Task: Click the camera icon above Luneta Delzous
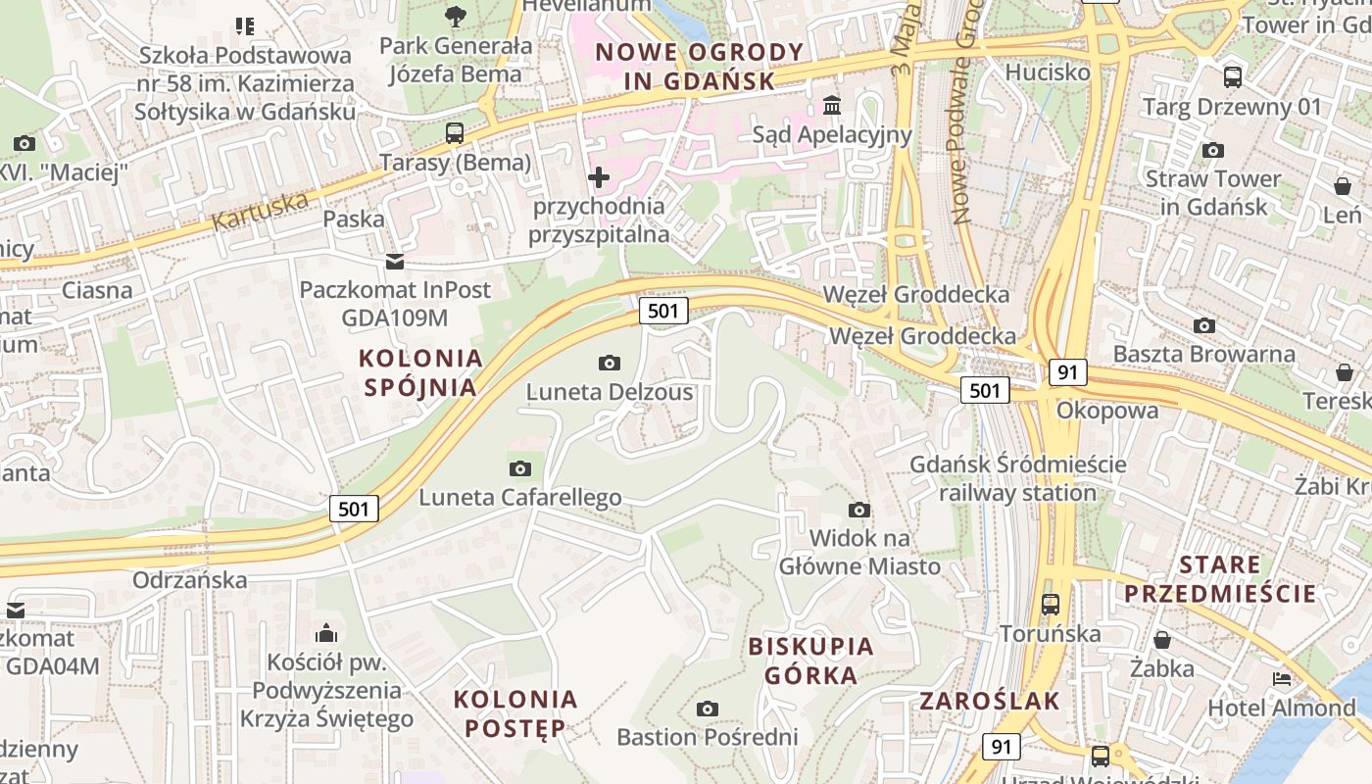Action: (x=609, y=364)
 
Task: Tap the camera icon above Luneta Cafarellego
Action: (x=520, y=468)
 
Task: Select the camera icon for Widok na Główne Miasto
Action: (x=859, y=510)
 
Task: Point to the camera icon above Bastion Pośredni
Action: (x=707, y=709)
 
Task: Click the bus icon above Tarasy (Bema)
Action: (x=455, y=133)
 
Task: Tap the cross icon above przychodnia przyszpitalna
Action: (x=598, y=177)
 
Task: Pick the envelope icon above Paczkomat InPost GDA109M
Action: (x=394, y=262)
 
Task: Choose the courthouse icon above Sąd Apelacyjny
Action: (x=832, y=105)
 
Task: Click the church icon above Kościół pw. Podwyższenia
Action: (x=326, y=633)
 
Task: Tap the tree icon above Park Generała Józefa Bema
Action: (x=455, y=16)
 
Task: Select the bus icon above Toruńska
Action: (x=1051, y=604)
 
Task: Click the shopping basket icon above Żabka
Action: (x=1162, y=640)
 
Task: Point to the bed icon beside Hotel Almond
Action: (x=1281, y=678)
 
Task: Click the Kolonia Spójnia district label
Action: (x=420, y=372)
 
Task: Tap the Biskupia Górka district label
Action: (x=810, y=661)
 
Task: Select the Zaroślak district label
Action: (x=990, y=701)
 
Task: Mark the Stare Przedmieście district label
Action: (x=1220, y=579)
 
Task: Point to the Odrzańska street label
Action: (x=190, y=579)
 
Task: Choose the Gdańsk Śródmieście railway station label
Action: (x=1018, y=478)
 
